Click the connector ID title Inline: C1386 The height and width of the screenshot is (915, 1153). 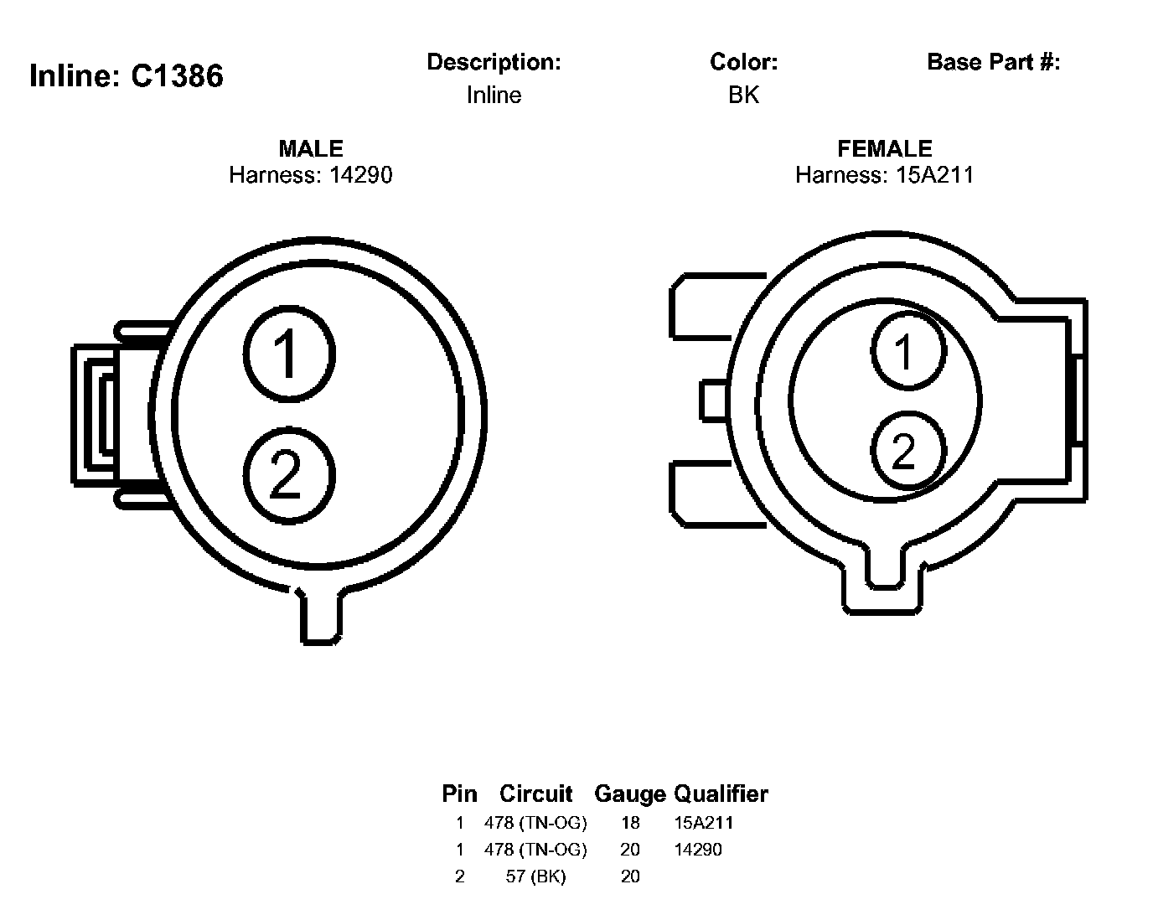126,75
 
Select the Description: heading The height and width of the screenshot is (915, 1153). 494,62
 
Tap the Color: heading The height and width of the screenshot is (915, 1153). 743,62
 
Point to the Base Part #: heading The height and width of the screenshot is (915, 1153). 993,62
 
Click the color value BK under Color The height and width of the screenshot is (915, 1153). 743,95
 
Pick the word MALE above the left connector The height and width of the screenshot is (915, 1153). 311,149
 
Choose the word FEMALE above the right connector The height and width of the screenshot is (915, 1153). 885,149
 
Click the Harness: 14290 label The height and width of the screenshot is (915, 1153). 311,175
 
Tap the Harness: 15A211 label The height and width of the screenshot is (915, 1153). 885,175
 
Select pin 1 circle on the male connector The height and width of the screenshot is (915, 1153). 289,354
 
